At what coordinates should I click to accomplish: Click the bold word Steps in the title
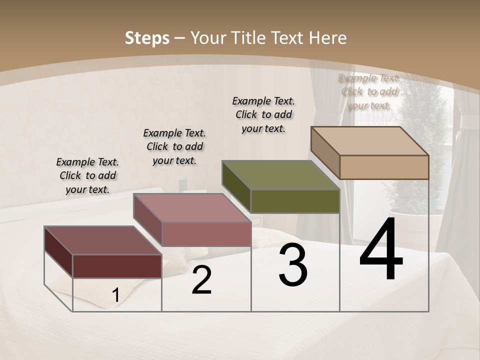[147, 38]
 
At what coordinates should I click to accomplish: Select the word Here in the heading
[327, 38]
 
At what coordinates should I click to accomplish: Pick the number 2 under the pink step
[201, 280]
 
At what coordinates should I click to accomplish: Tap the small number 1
[115, 295]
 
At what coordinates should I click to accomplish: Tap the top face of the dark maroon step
[103, 240]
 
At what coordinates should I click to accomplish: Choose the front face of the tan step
[384, 167]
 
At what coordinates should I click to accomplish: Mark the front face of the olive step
[295, 201]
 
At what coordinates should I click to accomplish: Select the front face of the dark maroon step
[117, 266]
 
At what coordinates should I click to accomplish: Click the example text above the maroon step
[87, 175]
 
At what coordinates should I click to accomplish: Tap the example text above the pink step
[174, 146]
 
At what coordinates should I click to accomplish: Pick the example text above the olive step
[263, 114]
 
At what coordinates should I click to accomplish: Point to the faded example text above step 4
[369, 91]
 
